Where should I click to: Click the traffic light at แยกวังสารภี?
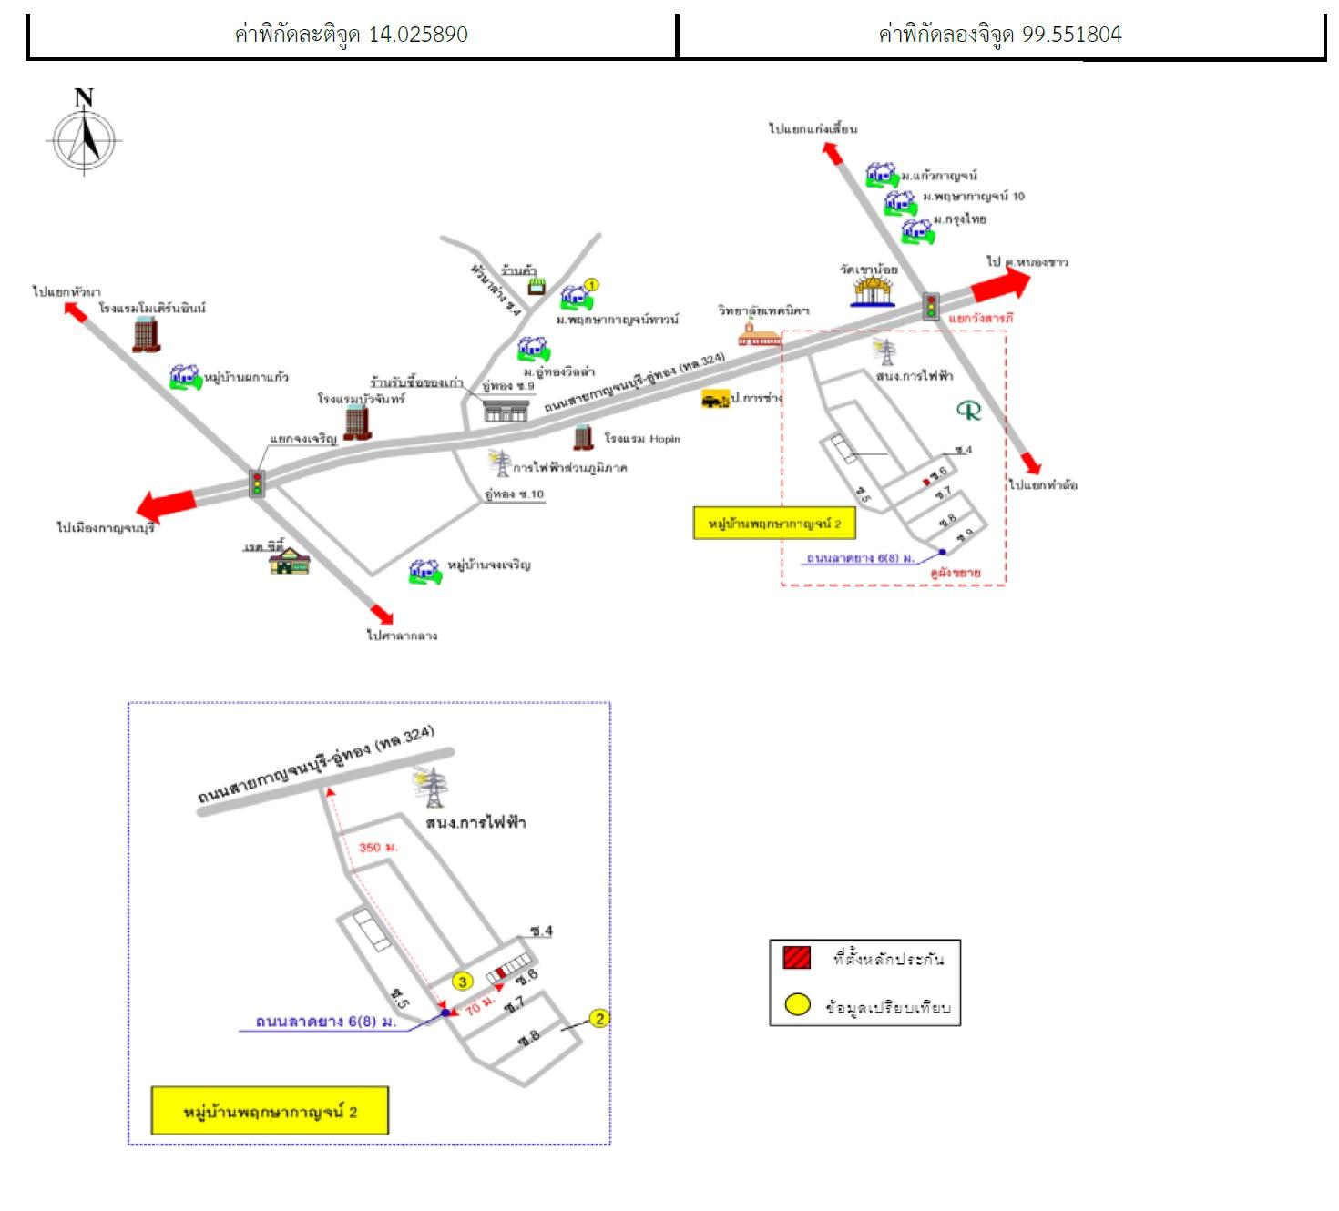(931, 306)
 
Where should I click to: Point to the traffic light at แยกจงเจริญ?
(258, 483)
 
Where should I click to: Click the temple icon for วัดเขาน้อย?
(872, 290)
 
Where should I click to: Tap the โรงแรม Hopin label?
(642, 439)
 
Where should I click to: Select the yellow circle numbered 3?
(463, 982)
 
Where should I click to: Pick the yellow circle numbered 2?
(599, 1018)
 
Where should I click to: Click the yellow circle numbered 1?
(591, 285)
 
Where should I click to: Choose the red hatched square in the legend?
(796, 957)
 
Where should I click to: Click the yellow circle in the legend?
(798, 1005)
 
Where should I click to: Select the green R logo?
(969, 411)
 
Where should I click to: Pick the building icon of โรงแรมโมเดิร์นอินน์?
(146, 334)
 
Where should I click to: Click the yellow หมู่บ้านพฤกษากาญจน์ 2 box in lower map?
(270, 1111)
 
